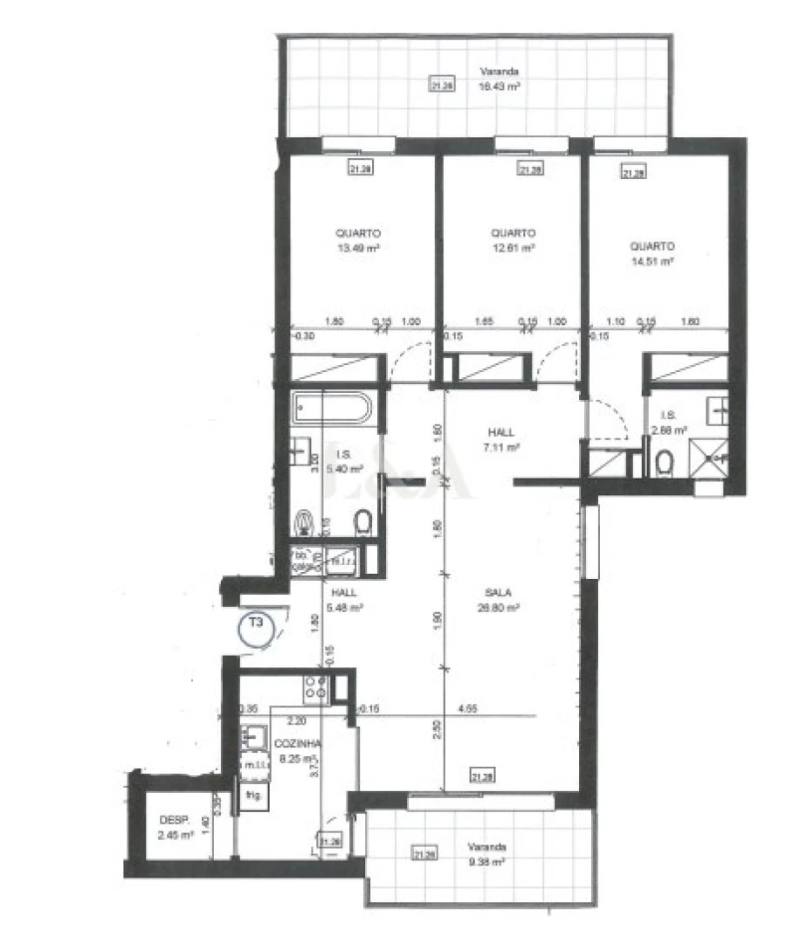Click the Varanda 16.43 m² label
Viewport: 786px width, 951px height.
tap(500, 79)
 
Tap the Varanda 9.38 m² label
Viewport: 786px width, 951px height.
tap(486, 854)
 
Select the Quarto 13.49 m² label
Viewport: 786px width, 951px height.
tap(358, 240)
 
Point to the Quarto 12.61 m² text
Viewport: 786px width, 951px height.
tap(513, 240)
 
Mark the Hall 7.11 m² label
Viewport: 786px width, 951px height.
tap(501, 439)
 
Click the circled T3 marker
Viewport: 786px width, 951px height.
tap(257, 628)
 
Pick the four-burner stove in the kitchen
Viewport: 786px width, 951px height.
tap(314, 687)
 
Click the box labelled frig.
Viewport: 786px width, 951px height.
tap(252, 796)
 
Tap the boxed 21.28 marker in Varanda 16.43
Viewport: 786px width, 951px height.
tap(440, 85)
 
